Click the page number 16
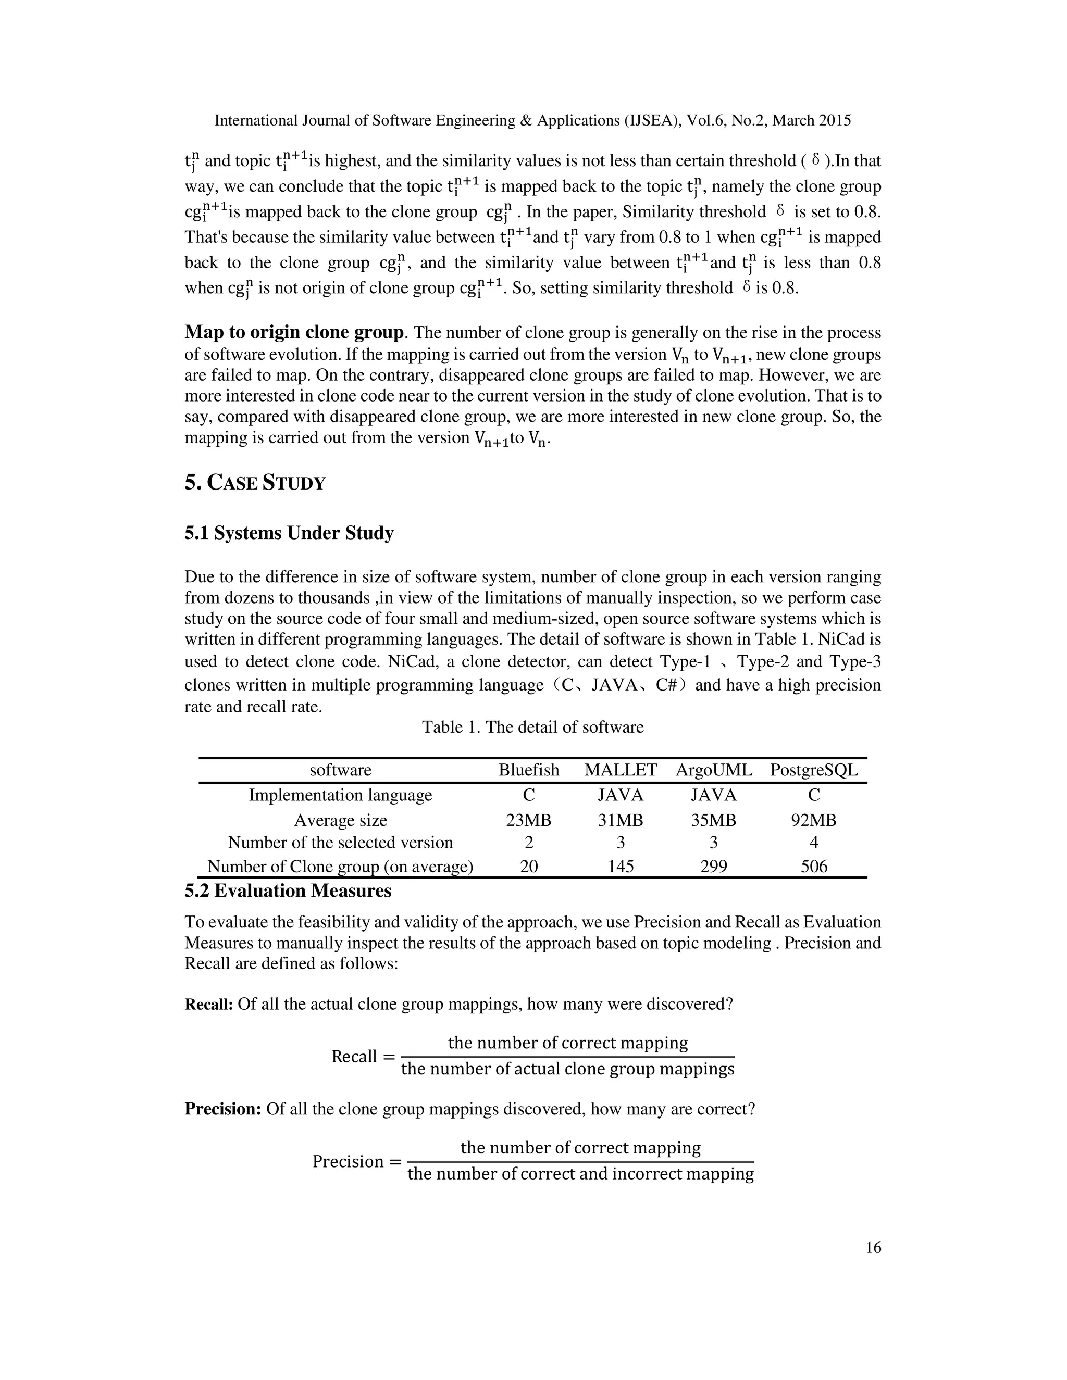(x=873, y=1248)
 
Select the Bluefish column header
(x=528, y=770)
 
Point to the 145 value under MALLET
(x=620, y=867)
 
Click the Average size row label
(x=340, y=820)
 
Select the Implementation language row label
(x=340, y=795)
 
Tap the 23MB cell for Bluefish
(x=528, y=820)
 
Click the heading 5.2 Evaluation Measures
(x=288, y=891)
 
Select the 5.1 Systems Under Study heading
(x=289, y=533)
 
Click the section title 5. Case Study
(x=255, y=483)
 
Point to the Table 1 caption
(x=532, y=727)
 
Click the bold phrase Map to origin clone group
(x=294, y=332)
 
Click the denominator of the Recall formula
(x=568, y=1069)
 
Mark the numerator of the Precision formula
(x=580, y=1147)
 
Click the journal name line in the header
(x=532, y=120)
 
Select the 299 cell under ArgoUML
(x=714, y=867)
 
